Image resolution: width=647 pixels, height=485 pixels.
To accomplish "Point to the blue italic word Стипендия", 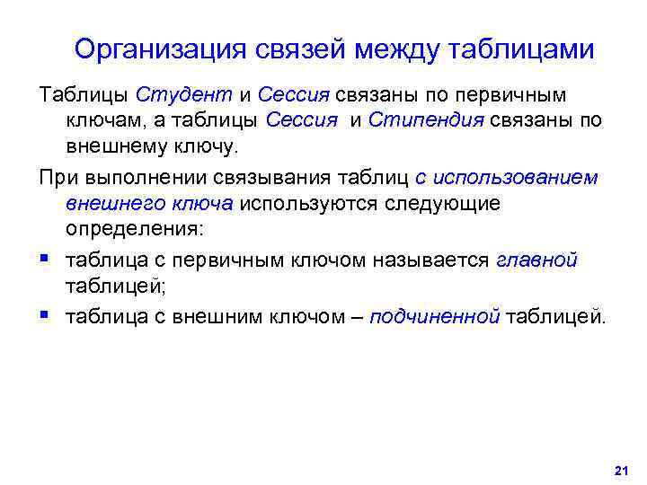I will coord(423,119).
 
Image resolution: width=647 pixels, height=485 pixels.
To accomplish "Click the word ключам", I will coord(101,119).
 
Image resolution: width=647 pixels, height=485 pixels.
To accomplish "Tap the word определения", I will coord(135,228).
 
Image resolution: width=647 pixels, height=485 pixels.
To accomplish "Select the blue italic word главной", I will coord(536,261).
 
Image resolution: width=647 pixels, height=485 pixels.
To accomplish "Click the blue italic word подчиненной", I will coord(434,316).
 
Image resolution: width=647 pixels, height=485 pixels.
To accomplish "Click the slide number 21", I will coord(618,470).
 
